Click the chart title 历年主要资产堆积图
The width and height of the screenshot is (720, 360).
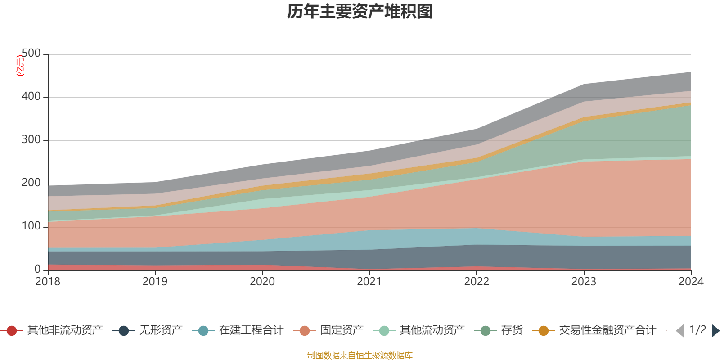tap(360, 12)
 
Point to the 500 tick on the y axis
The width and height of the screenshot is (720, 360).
tap(31, 54)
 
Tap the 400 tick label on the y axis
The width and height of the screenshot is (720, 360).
tap(31, 97)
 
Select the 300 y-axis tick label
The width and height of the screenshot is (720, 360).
tap(31, 140)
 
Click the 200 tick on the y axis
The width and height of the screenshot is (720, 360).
tap(31, 183)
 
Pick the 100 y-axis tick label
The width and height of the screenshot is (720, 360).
tap(31, 226)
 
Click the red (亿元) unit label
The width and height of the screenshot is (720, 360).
tap(20, 66)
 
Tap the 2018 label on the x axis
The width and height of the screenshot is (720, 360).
tap(48, 282)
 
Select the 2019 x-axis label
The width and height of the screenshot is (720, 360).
tap(155, 282)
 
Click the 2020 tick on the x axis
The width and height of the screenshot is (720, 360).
tap(262, 282)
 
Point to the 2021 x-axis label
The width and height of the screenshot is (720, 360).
tap(369, 282)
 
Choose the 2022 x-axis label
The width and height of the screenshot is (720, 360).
tap(477, 282)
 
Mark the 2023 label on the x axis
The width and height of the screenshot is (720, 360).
tap(584, 282)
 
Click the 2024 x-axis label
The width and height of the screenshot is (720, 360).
tap(691, 282)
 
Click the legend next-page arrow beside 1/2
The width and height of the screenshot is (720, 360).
tap(715, 331)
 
